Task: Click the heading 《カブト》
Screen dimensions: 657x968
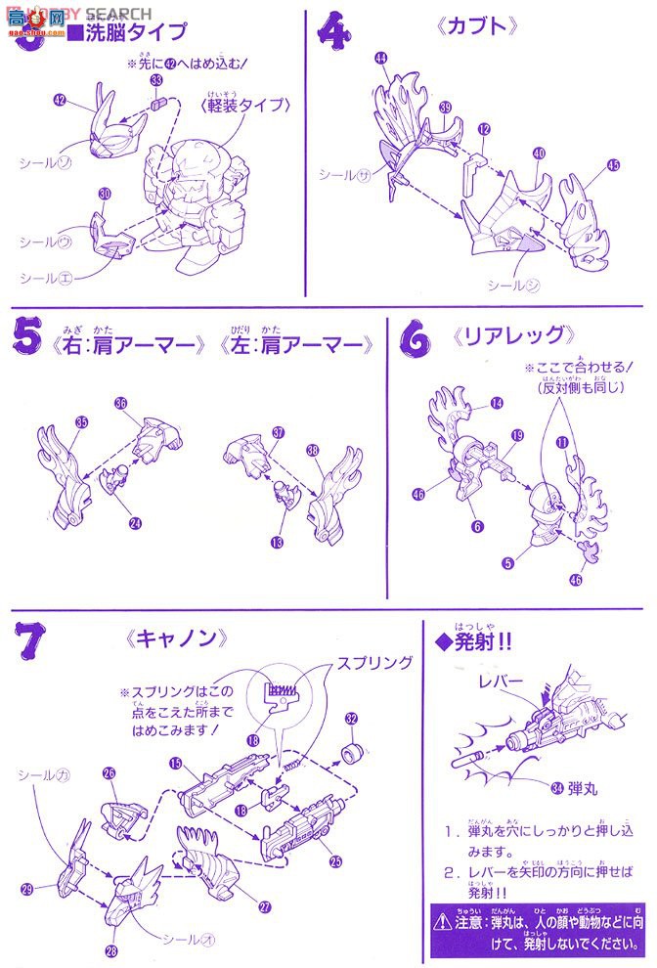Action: tap(474, 26)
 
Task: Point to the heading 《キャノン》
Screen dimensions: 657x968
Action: tap(177, 638)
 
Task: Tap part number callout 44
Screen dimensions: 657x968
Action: tap(381, 60)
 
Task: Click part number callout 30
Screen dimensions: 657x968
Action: tap(105, 195)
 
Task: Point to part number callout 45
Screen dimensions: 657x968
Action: tap(613, 165)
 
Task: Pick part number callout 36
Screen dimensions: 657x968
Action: tap(120, 402)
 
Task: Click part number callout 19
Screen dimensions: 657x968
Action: tap(517, 435)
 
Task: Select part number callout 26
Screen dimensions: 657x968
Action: tap(109, 772)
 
